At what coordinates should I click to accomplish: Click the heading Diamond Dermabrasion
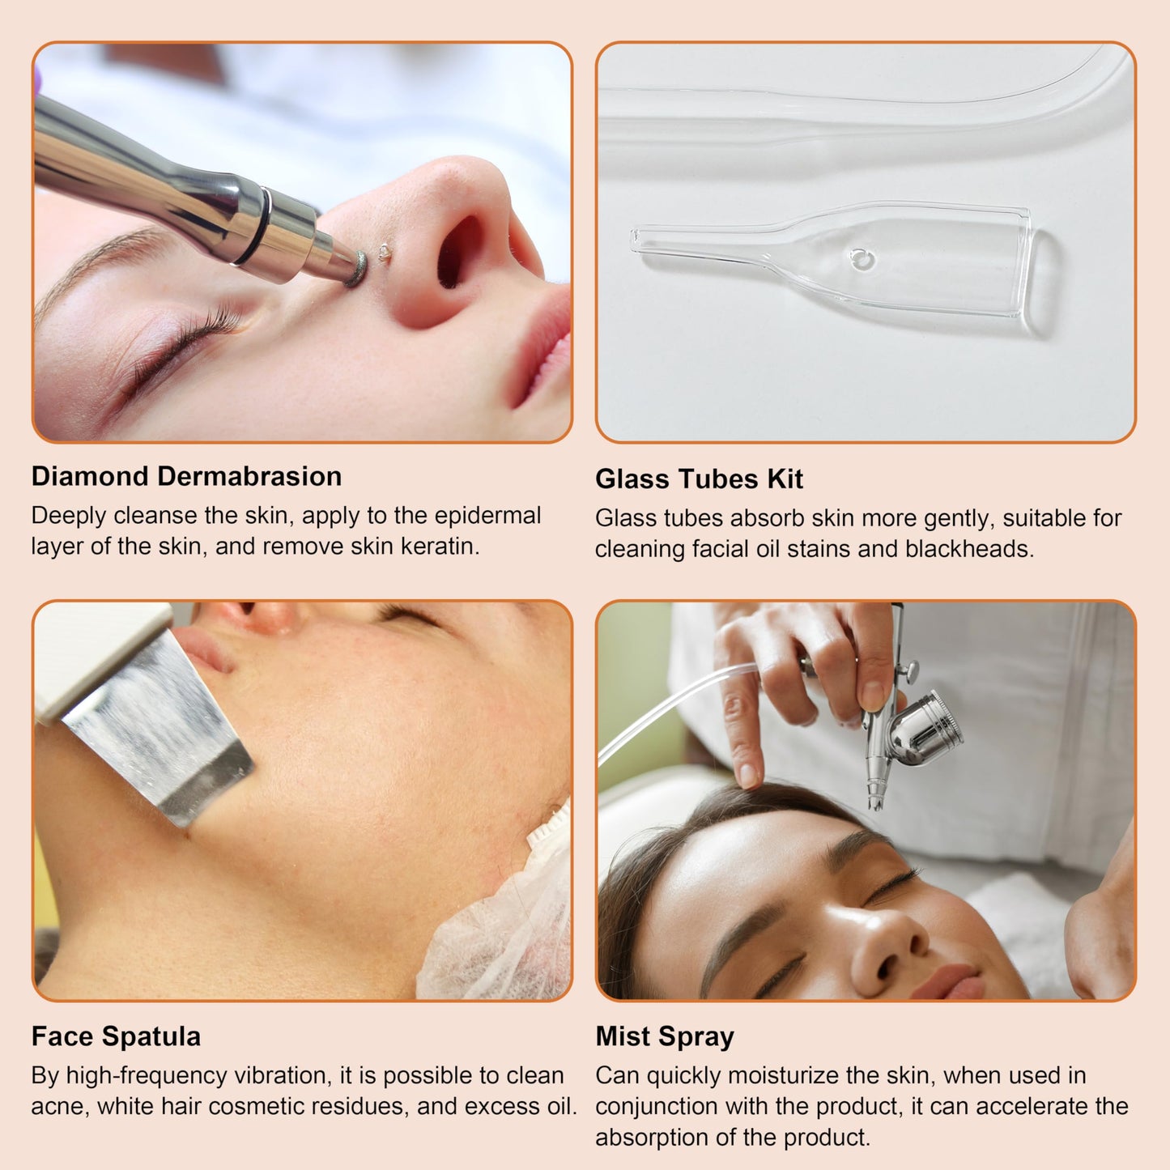pyautogui.click(x=186, y=476)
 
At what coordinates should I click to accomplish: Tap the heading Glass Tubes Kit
pyautogui.click(x=699, y=479)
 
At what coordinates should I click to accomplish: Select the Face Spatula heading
pyautogui.click(x=116, y=1036)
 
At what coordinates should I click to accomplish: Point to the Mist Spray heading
pyautogui.click(x=665, y=1036)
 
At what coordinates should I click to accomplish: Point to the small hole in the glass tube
pyautogui.click(x=862, y=259)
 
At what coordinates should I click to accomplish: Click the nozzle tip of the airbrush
pyautogui.click(x=875, y=802)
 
